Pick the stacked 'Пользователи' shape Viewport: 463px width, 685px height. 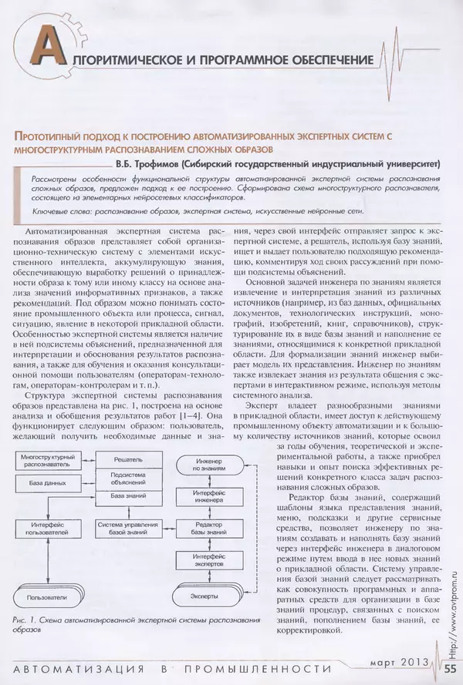click(47, 597)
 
